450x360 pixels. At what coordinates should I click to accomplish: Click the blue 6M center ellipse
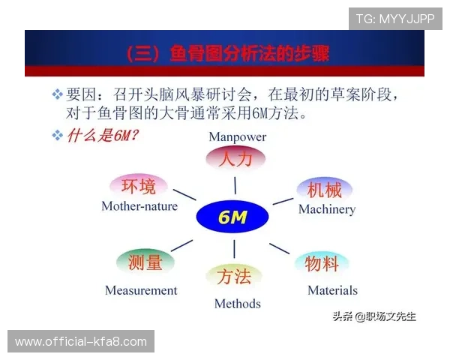(232, 217)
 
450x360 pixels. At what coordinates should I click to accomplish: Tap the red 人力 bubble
(235, 159)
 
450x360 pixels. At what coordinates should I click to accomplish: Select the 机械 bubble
(324, 190)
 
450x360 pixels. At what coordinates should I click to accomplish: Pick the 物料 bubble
(321, 263)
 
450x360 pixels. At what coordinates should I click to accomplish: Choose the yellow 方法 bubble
(234, 277)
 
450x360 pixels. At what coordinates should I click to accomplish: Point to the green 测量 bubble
(145, 262)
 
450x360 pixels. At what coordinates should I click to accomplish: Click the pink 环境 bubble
(139, 186)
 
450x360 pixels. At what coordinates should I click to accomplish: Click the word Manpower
(237, 137)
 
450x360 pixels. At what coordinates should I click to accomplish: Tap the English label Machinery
(327, 209)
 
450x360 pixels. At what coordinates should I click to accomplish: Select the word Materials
(332, 290)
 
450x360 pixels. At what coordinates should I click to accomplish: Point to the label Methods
(237, 304)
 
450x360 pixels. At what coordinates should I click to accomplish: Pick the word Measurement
(141, 290)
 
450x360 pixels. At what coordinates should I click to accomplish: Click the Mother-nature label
(139, 205)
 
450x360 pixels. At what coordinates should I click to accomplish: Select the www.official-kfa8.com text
(81, 342)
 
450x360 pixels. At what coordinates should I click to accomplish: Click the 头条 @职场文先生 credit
(374, 316)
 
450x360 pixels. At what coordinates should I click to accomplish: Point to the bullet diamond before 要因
(56, 95)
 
